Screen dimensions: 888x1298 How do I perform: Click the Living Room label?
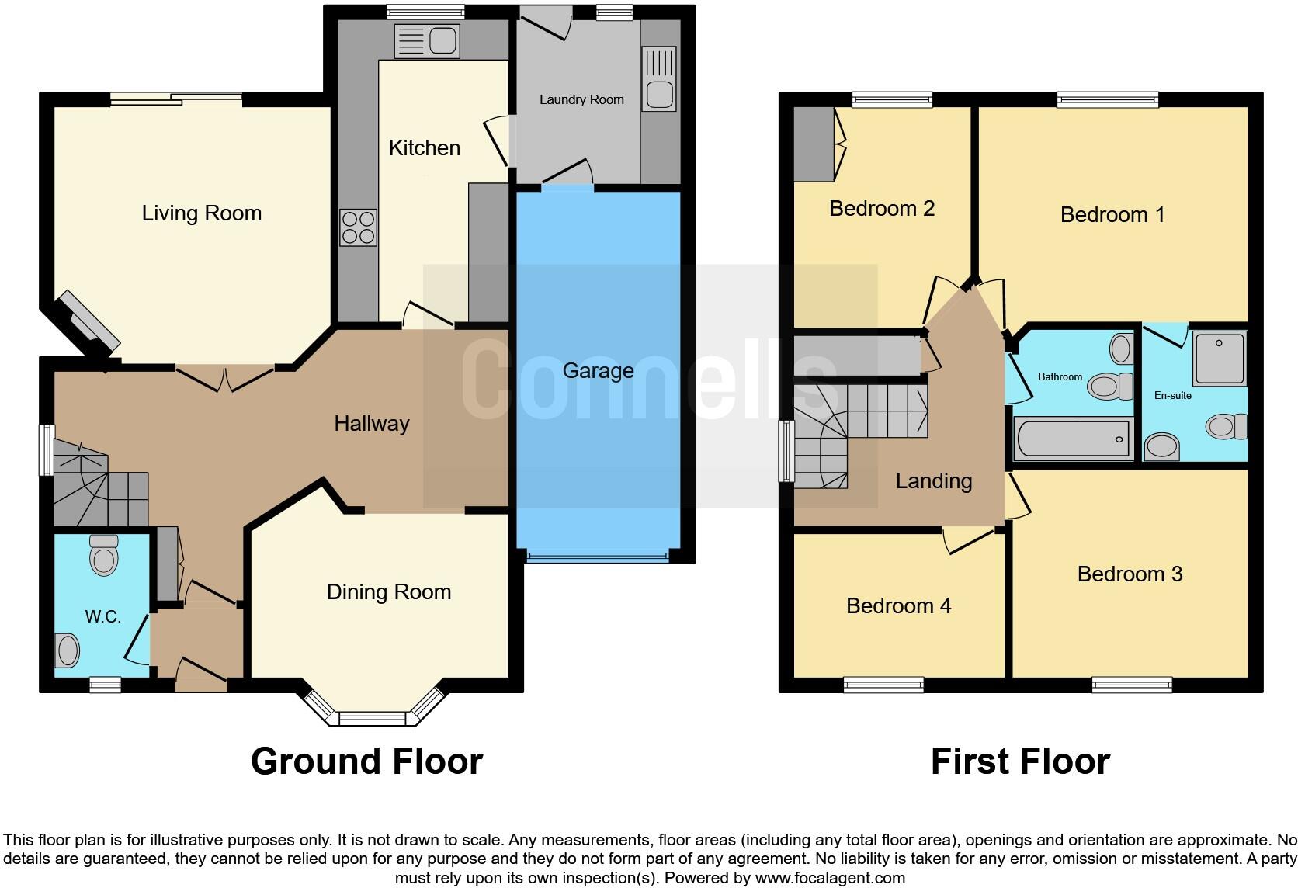click(x=201, y=213)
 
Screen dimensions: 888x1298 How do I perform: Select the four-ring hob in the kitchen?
click(x=358, y=227)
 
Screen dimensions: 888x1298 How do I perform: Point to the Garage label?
click(x=598, y=371)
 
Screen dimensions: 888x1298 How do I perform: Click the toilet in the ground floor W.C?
click(x=103, y=554)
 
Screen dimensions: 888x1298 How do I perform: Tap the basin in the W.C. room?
click(x=67, y=650)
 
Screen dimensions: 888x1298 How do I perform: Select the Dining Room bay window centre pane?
click(x=373, y=719)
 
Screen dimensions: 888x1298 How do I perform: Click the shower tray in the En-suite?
click(x=1220, y=358)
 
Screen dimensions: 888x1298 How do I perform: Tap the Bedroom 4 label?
click(x=898, y=605)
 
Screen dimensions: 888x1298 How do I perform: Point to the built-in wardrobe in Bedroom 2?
click(x=813, y=144)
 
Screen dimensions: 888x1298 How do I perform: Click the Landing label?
click(x=933, y=481)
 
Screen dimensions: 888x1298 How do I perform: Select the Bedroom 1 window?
click(x=1107, y=99)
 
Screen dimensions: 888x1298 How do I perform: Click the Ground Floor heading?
click(x=366, y=761)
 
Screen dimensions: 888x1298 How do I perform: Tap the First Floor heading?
click(x=1020, y=761)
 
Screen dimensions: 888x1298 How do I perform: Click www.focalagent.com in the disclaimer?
click(x=830, y=879)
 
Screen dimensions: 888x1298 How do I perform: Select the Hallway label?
click(x=371, y=424)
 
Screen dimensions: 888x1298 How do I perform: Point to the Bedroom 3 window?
click(x=1131, y=685)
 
